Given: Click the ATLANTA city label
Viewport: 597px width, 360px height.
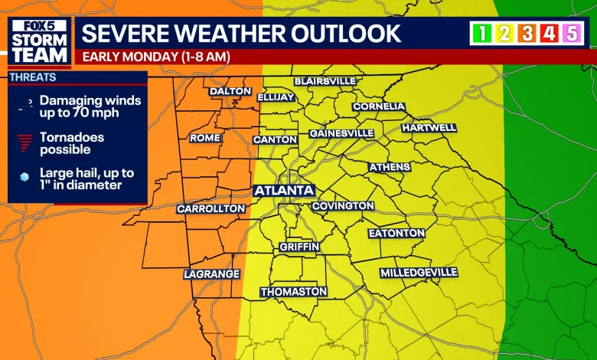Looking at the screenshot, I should click(283, 190).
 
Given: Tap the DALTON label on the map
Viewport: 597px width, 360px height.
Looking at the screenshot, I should click(230, 91).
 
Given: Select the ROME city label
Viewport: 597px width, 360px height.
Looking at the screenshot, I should click(205, 138).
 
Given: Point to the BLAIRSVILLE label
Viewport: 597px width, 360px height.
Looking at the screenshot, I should click(325, 81).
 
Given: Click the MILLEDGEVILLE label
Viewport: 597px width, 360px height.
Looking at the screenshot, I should click(419, 273).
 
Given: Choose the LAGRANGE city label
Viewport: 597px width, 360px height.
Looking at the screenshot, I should click(212, 273).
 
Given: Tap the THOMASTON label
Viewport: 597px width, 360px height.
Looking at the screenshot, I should click(294, 292).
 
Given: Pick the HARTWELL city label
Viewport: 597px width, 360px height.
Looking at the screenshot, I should click(429, 127).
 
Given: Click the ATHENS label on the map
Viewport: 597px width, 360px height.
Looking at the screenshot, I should click(390, 167).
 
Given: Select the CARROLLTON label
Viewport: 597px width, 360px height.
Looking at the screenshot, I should click(211, 208).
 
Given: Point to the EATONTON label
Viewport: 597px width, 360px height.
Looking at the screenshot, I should click(396, 233).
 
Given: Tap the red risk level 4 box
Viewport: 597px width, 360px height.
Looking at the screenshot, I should click(549, 33).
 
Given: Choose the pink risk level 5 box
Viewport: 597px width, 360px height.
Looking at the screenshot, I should click(571, 33).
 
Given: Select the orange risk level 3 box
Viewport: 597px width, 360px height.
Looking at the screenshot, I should click(527, 33).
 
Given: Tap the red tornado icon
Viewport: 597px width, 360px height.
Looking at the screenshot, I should click(25, 142).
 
